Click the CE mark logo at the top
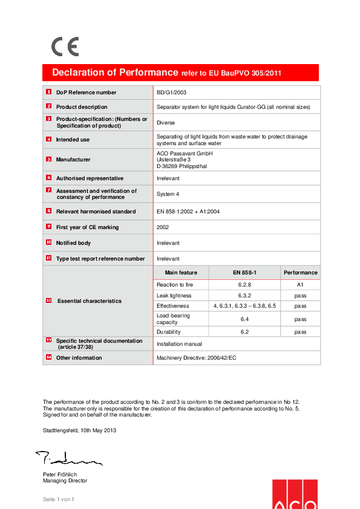[65, 47]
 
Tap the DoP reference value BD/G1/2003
[171, 92]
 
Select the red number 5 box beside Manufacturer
[48, 159]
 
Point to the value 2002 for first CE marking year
[163, 227]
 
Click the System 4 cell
[169, 194]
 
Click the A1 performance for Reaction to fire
[300, 284]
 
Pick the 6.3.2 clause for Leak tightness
[244, 296]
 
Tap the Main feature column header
[181, 273]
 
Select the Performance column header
[300, 273]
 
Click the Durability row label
[169, 332]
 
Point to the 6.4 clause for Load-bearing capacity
[244, 319]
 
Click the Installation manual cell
[180, 343]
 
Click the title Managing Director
[65, 481]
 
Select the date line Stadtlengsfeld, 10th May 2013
[79, 430]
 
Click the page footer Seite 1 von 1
[58, 499]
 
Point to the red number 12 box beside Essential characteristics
[48, 300]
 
